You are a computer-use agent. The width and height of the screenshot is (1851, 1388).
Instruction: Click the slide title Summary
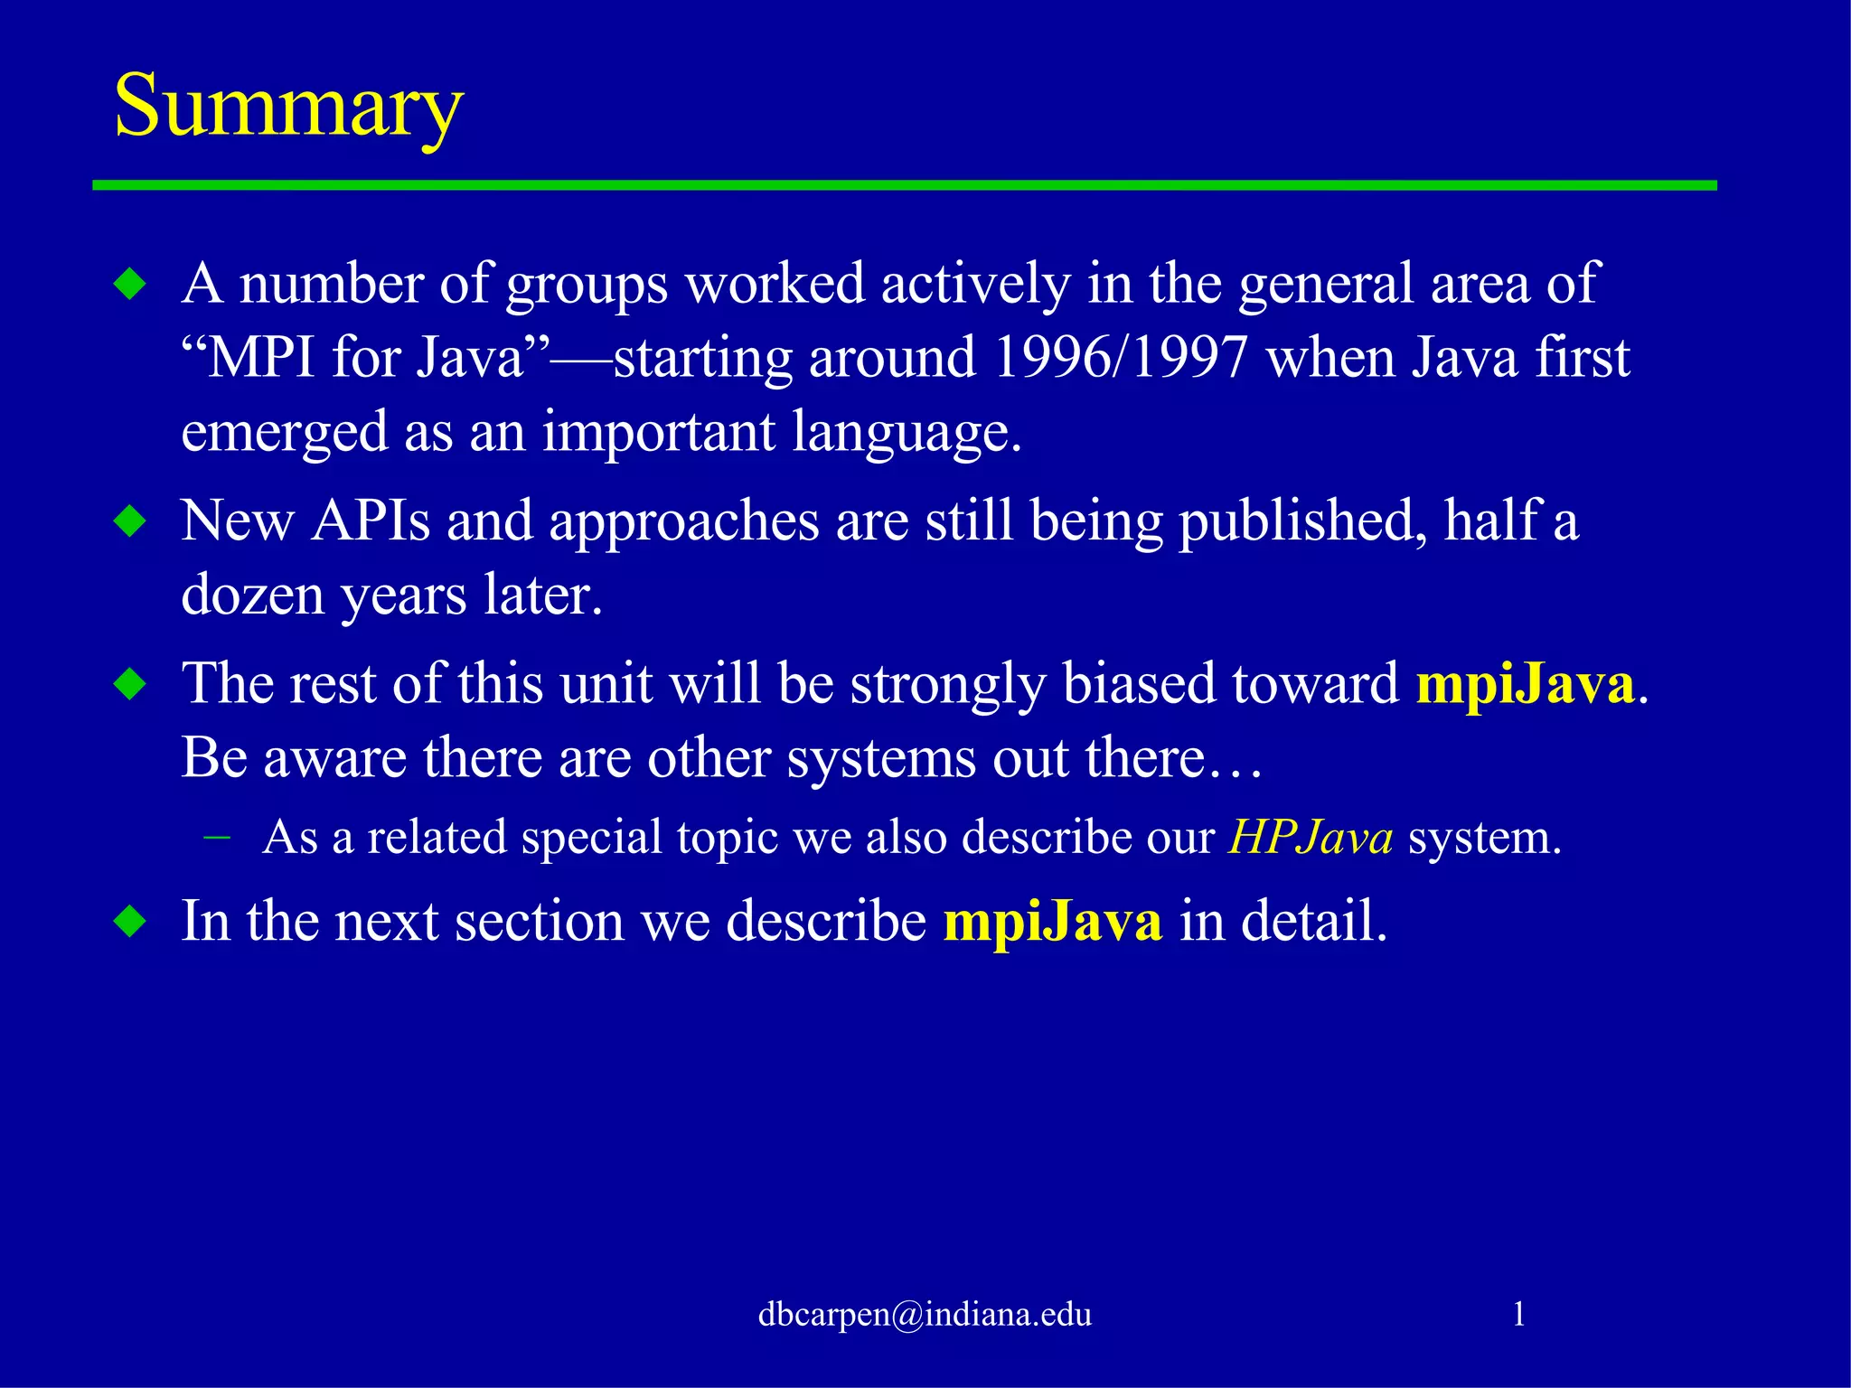(x=288, y=107)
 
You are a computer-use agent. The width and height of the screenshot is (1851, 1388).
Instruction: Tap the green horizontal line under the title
(x=904, y=185)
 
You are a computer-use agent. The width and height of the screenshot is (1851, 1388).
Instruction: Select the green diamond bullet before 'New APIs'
(x=131, y=522)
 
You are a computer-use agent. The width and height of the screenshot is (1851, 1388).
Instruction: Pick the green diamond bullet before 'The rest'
(x=131, y=684)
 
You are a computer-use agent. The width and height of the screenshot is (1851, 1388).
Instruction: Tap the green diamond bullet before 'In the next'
(x=131, y=923)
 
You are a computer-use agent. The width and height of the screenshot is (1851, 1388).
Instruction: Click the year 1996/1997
(x=1121, y=358)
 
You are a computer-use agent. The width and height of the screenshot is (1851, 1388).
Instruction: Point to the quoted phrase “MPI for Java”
(x=365, y=358)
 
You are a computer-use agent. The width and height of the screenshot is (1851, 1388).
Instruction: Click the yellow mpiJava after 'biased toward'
(x=1526, y=684)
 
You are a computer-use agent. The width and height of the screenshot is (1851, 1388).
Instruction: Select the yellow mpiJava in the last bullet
(x=1052, y=923)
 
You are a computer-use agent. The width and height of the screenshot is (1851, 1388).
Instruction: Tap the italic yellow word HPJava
(x=1311, y=838)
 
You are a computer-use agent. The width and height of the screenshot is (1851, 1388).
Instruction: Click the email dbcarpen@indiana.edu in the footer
(x=925, y=1314)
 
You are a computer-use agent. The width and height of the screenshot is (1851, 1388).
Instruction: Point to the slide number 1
(x=1518, y=1314)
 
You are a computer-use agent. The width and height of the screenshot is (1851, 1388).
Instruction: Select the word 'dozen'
(x=252, y=596)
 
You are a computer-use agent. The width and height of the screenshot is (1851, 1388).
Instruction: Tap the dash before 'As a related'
(x=217, y=838)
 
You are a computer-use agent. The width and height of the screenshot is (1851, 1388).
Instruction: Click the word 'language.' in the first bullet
(x=907, y=434)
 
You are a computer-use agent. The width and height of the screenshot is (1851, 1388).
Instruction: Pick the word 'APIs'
(x=371, y=522)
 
